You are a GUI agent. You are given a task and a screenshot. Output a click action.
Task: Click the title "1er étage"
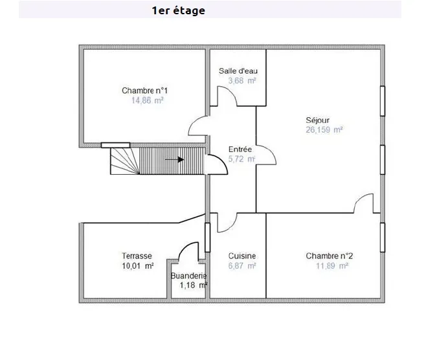coord(178,10)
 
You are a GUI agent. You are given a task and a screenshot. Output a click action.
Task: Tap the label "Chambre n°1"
coord(147,91)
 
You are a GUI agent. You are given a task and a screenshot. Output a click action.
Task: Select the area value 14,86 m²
coord(147,101)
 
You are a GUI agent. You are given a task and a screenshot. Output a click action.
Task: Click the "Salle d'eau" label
coord(238,71)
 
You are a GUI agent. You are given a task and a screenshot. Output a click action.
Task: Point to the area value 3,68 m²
coord(238,81)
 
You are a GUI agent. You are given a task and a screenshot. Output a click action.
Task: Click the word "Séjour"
coord(318,120)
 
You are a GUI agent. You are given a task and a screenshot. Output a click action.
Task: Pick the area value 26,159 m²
coord(324,129)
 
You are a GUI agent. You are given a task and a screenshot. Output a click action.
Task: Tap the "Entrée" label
coord(240,150)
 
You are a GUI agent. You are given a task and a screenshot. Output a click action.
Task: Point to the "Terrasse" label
coord(137,256)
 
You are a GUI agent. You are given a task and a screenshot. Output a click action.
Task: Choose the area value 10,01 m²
coord(137,266)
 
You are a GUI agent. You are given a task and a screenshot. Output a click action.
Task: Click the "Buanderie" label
coord(188,276)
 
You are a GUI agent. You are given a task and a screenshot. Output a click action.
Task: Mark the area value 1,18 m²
coord(193,286)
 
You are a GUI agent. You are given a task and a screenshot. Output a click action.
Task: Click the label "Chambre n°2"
coord(329,256)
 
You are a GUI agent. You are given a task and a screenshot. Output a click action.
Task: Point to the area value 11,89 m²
coord(331,266)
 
